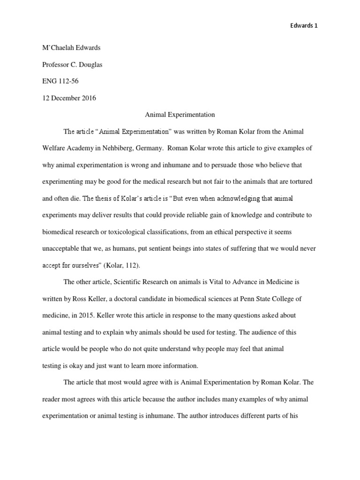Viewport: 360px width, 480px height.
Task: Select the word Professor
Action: (x=56, y=65)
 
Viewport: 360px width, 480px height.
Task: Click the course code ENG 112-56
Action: (x=60, y=81)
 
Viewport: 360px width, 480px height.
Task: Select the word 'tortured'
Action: (x=301, y=181)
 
